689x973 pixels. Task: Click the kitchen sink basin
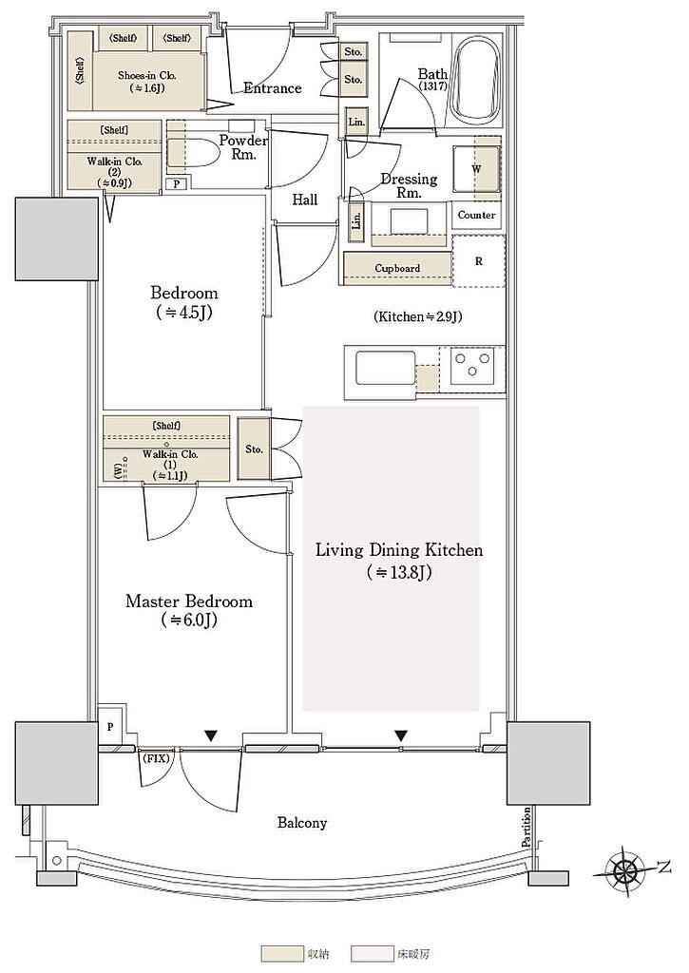pyautogui.click(x=385, y=370)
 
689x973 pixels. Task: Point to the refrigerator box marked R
pyautogui.click(x=478, y=261)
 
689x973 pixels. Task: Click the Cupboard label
pyautogui.click(x=397, y=268)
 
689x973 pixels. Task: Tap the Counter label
pyautogui.click(x=477, y=215)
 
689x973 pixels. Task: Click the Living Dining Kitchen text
pyautogui.click(x=399, y=550)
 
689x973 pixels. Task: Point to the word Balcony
pyautogui.click(x=301, y=823)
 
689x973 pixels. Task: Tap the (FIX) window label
pyautogui.click(x=157, y=758)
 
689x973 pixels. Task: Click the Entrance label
pyautogui.click(x=273, y=88)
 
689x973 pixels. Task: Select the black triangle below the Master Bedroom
pyautogui.click(x=212, y=736)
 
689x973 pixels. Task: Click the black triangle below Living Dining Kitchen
pyautogui.click(x=401, y=736)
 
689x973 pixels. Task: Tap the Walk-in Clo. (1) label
pyautogui.click(x=170, y=465)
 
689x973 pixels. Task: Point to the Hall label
pyautogui.click(x=305, y=200)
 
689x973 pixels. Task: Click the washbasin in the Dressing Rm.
pyautogui.click(x=409, y=221)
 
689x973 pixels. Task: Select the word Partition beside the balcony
pyautogui.click(x=527, y=829)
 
